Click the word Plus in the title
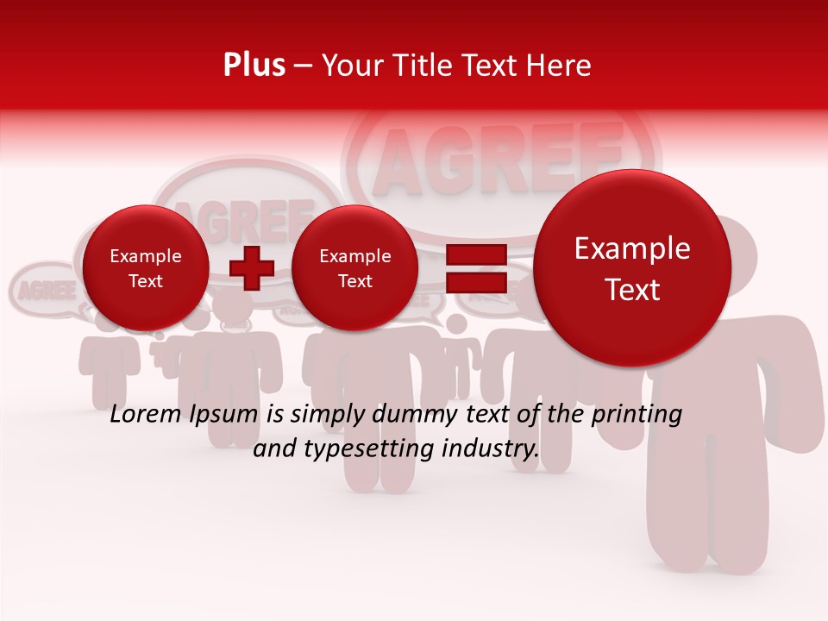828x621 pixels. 254,66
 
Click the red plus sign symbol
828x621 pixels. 252,267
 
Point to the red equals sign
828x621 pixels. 475,267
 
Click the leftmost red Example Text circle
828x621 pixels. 146,268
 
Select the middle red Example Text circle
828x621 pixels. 354,268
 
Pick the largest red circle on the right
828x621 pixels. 632,268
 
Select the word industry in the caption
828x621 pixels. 490,449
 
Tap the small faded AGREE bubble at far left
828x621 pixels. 43,289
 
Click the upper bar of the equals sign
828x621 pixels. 475,254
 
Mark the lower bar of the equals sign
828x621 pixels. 475,281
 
